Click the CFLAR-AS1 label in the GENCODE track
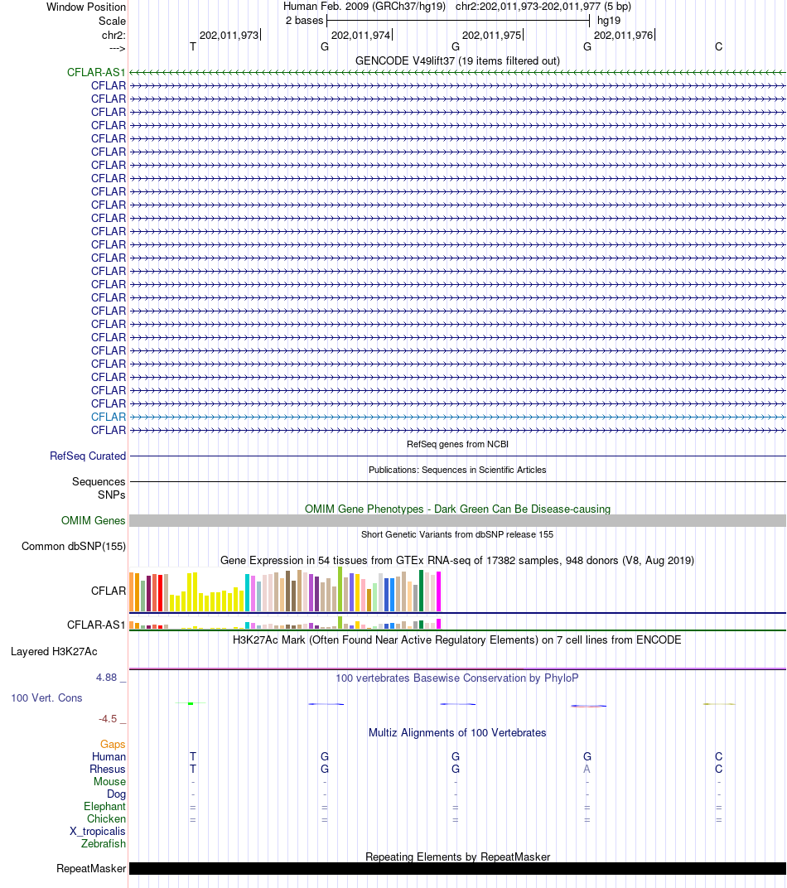tap(96, 72)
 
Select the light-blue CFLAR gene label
tap(109, 417)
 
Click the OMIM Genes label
tap(94, 520)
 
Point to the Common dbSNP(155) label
tap(74, 546)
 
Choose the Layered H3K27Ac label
tap(54, 651)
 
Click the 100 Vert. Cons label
tap(46, 697)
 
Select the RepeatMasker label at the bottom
tap(91, 868)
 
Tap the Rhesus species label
tap(108, 769)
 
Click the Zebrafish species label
tap(104, 843)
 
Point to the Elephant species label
tap(104, 806)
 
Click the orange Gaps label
tap(113, 744)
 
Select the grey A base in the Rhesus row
tap(587, 769)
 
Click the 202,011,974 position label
tap(360, 35)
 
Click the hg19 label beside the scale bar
tap(609, 20)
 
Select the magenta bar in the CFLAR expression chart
tap(439, 591)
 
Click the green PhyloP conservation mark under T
tap(191, 703)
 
